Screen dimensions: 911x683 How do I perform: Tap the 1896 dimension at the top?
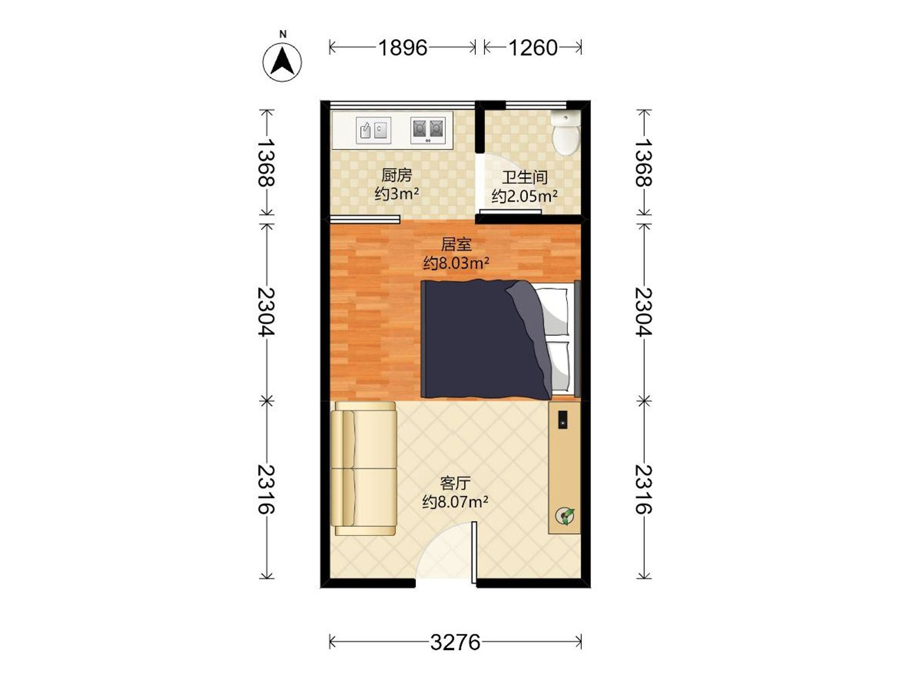(403, 48)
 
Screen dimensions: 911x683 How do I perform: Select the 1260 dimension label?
(533, 48)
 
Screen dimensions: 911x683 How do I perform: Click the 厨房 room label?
(396, 175)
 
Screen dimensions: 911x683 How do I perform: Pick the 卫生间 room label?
(524, 178)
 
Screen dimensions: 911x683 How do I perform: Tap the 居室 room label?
(456, 244)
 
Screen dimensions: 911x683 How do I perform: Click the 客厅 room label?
(455, 483)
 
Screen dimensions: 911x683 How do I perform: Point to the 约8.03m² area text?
(456, 263)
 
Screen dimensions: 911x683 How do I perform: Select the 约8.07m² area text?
(455, 502)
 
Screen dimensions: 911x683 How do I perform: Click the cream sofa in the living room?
(364, 469)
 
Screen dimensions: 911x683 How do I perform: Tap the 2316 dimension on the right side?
(643, 489)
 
